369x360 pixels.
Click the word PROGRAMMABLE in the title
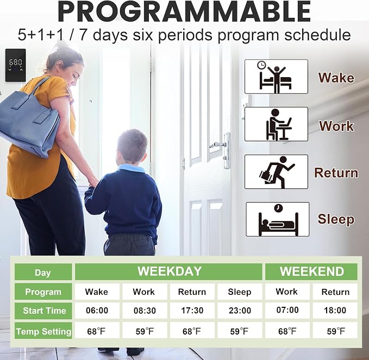coord(185,11)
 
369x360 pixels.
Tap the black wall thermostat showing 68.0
coord(16,65)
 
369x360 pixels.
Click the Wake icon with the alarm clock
coord(276,77)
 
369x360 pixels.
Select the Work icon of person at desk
coord(276,124)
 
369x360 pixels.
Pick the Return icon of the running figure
coord(276,172)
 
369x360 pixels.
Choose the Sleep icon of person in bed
coord(278,219)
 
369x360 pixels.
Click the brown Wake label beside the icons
coord(336,78)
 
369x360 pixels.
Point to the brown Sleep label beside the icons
coord(336,219)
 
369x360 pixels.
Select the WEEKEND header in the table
coord(311,271)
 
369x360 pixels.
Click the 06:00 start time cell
coord(97,311)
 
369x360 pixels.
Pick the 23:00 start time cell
coord(240,311)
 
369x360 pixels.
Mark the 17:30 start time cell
coord(192,311)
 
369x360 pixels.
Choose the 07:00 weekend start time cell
coord(287,310)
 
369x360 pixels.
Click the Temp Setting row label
coord(43,331)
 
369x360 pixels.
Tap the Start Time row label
coord(43,311)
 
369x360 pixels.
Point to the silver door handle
coord(221,150)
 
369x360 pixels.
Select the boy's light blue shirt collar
coord(132,168)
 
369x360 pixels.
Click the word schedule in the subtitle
coord(317,35)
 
